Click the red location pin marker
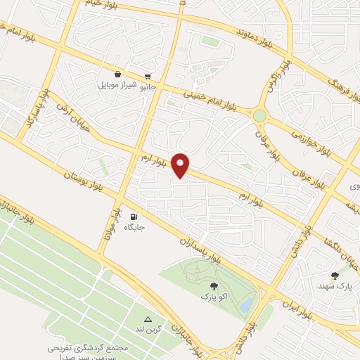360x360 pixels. (x=181, y=165)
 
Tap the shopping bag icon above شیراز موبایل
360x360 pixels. (x=117, y=74)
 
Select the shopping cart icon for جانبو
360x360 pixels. (x=148, y=77)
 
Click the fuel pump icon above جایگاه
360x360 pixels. (x=134, y=217)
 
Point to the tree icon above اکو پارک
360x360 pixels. (x=214, y=286)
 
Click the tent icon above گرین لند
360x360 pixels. (x=148, y=319)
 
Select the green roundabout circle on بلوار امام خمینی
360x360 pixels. (x=261, y=115)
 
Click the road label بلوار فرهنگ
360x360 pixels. (x=341, y=87)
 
